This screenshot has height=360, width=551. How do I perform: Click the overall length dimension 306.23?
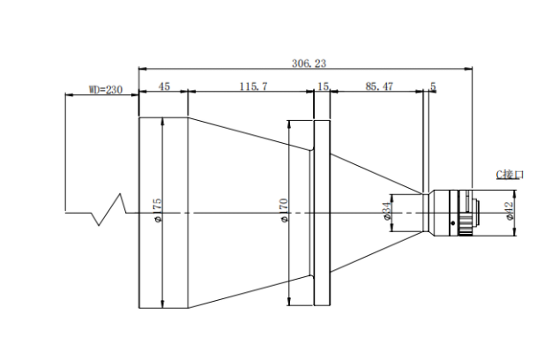309,64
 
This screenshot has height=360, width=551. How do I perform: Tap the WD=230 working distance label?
106,90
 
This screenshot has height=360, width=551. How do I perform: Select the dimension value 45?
164,86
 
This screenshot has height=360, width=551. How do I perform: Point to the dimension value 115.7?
253,86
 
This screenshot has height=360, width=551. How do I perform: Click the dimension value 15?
323,86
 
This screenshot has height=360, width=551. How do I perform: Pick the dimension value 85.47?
379,86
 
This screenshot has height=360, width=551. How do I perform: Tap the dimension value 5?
433,86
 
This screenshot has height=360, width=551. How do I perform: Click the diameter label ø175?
157,210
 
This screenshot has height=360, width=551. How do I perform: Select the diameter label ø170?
284,210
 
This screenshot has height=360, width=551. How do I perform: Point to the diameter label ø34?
386,211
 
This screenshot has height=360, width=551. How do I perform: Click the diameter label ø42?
510,211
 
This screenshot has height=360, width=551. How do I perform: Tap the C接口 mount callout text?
510,175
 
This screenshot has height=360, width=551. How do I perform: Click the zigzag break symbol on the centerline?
109,209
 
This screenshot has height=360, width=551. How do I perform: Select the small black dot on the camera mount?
452,222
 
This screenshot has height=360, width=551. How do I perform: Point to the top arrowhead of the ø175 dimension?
162,121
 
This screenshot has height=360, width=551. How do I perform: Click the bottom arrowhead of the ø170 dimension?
288,302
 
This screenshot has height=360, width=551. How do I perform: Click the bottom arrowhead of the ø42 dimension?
515,232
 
